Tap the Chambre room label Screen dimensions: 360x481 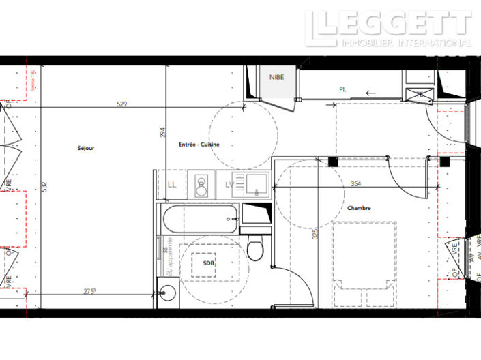tap(359, 209)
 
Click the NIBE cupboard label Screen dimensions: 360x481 tap(276, 77)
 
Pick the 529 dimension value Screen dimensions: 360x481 tap(122, 104)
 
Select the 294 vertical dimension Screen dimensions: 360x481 tap(162, 134)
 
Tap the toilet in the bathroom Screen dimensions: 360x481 tap(256, 249)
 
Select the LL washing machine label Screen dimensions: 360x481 tap(171, 185)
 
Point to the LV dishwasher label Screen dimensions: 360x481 tap(229, 185)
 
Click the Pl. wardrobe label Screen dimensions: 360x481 tap(342, 89)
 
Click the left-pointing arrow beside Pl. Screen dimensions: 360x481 tap(371, 93)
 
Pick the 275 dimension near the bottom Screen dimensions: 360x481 tap(89, 291)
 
